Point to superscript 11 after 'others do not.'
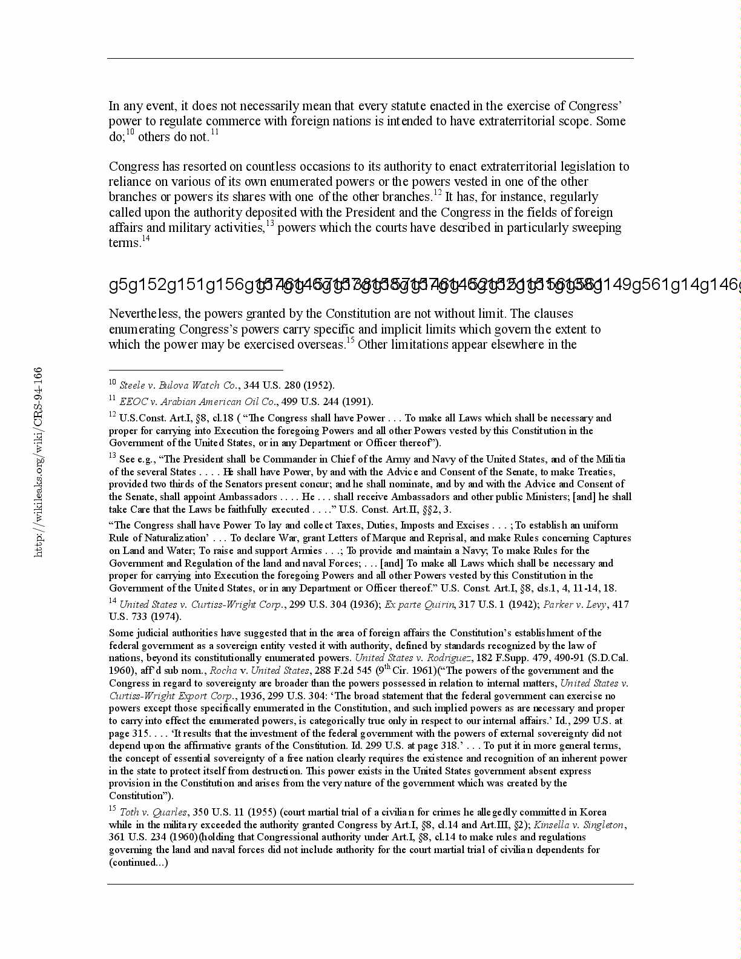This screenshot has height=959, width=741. click(x=214, y=133)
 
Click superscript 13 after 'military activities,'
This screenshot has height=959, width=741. click(x=270, y=223)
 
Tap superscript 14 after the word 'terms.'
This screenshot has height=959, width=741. click(x=145, y=239)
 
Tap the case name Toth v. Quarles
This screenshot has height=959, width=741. click(x=153, y=812)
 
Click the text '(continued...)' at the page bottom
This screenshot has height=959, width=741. click(x=139, y=862)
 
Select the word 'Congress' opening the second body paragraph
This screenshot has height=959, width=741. click(x=134, y=166)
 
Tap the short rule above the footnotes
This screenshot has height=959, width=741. click(x=196, y=369)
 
